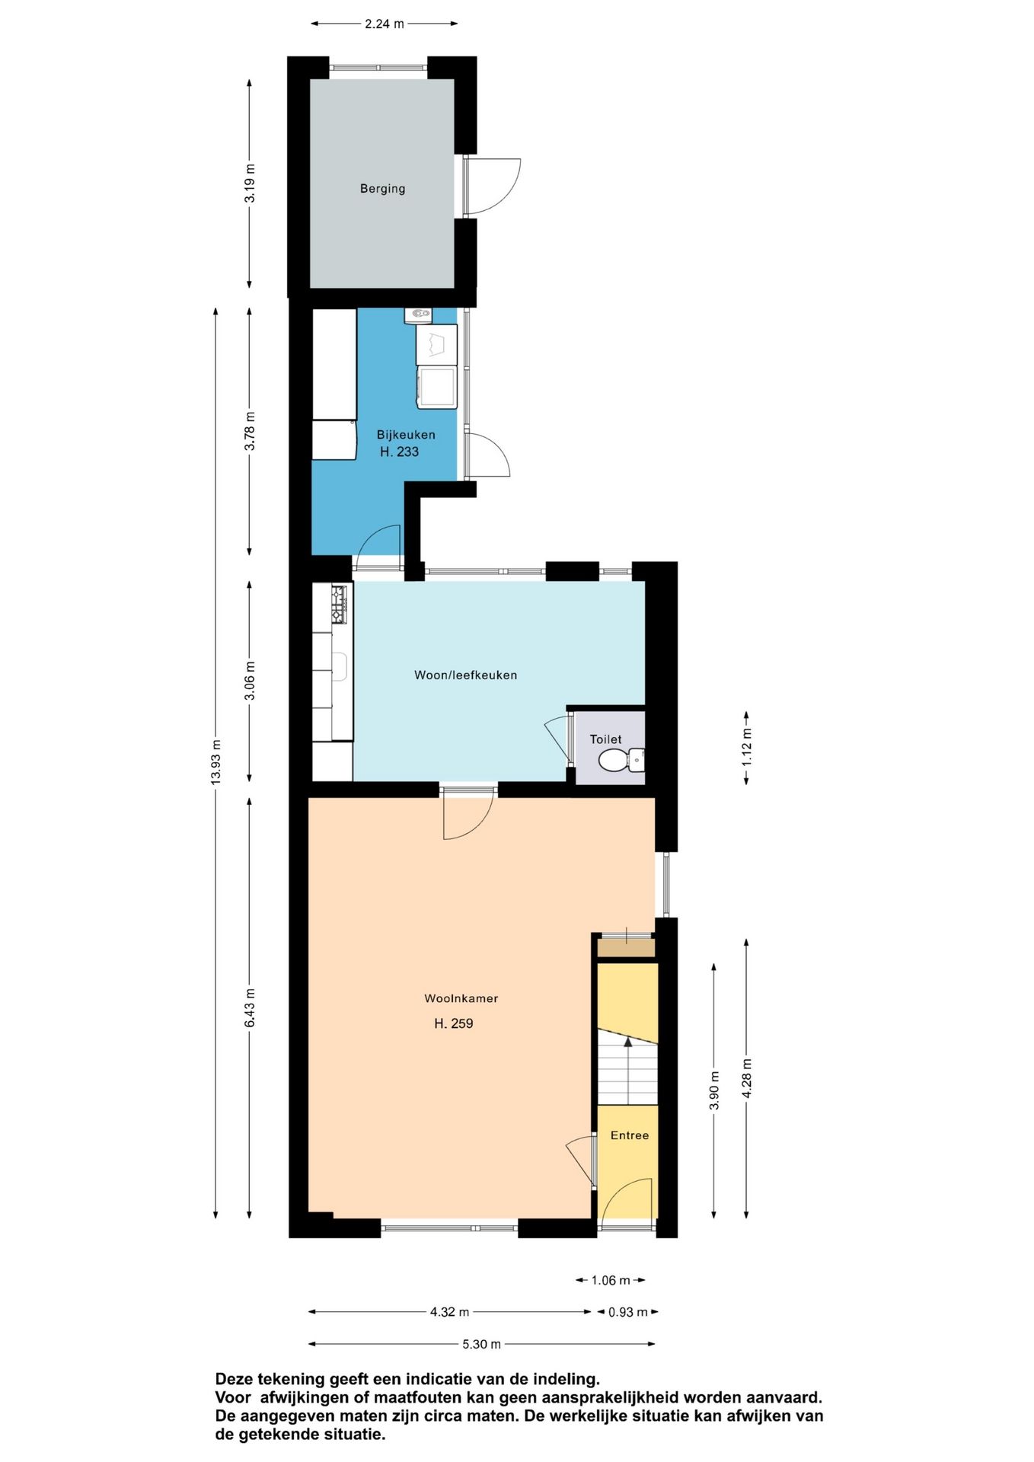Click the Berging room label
pyautogui.click(x=382, y=189)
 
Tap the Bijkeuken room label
pyautogui.click(x=406, y=435)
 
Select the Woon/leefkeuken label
pyautogui.click(x=465, y=675)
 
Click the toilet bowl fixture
pyautogui.click(x=621, y=759)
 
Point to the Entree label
pyautogui.click(x=630, y=1135)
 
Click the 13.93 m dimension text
pyautogui.click(x=216, y=762)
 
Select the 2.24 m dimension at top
pyautogui.click(x=384, y=24)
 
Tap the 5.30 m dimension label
pyautogui.click(x=481, y=1344)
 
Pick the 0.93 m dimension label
pyautogui.click(x=627, y=1312)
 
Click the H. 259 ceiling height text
pyautogui.click(x=454, y=1024)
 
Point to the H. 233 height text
pyautogui.click(x=399, y=452)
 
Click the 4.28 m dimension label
pyautogui.click(x=746, y=1078)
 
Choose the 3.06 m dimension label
pyautogui.click(x=250, y=681)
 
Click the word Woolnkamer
pyautogui.click(x=461, y=998)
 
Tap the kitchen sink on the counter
pyautogui.click(x=340, y=667)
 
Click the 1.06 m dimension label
pyautogui.click(x=611, y=1281)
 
